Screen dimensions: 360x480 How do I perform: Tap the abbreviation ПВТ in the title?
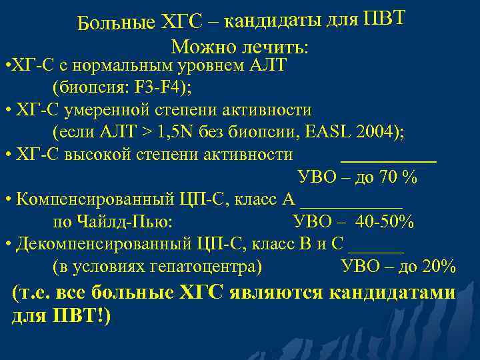383,19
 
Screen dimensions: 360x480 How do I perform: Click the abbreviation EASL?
327,132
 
